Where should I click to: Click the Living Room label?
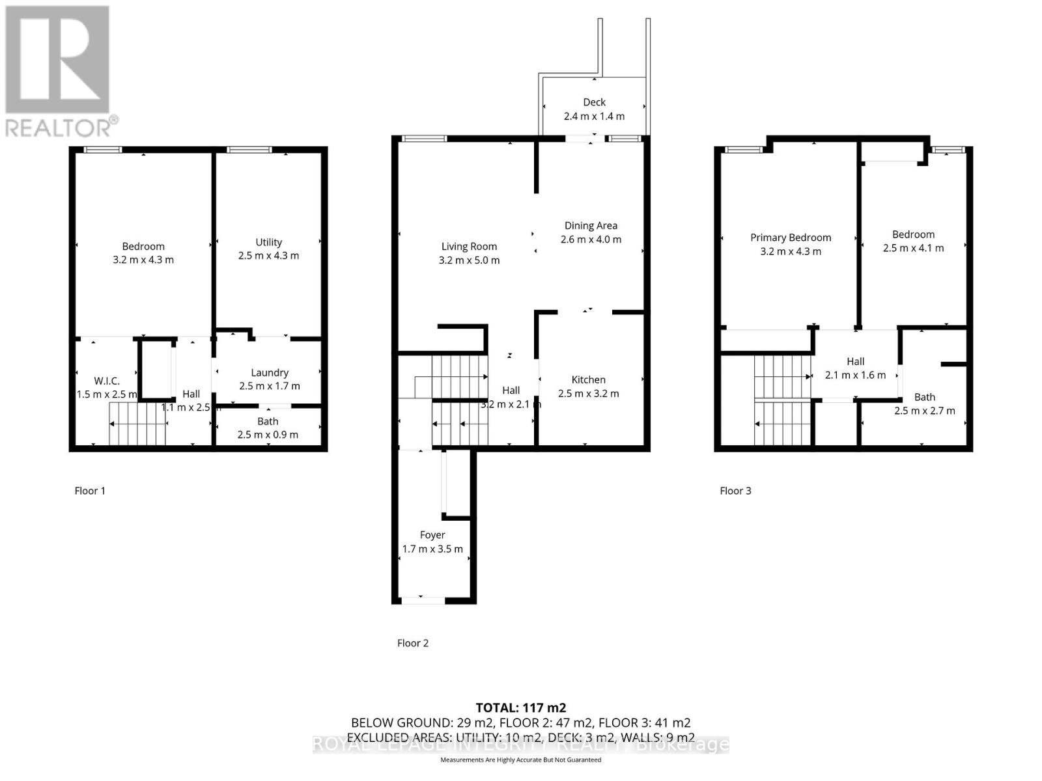point(469,246)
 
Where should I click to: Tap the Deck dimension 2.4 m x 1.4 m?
point(593,116)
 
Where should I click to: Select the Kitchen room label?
point(588,379)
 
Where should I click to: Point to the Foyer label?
point(432,535)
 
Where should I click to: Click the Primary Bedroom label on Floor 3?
point(790,238)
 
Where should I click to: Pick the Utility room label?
point(268,242)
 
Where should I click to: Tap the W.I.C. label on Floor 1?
point(107,381)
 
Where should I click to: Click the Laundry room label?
point(270,372)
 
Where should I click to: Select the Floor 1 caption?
point(90,491)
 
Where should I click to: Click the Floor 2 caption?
point(413,643)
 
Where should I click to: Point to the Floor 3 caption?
point(735,491)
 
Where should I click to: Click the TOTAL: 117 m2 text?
point(520,707)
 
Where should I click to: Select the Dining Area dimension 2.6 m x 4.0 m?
point(591,240)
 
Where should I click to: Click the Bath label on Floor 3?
point(924,397)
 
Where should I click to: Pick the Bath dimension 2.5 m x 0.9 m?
point(268,435)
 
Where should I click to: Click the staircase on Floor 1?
point(137,424)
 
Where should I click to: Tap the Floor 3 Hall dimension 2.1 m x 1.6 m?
point(855,375)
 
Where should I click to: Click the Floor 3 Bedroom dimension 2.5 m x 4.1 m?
point(913,248)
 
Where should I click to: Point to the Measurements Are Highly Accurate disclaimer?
point(520,760)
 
